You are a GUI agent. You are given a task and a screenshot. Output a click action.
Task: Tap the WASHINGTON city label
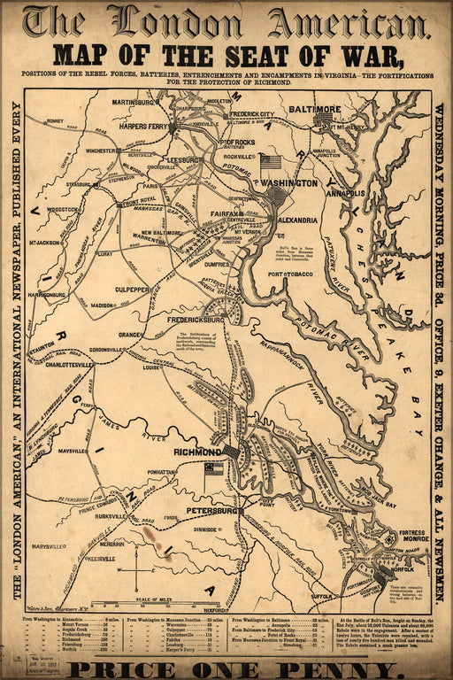point(289,182)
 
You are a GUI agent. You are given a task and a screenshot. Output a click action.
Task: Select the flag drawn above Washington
point(270,162)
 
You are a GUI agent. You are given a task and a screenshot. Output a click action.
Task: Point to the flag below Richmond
point(213,468)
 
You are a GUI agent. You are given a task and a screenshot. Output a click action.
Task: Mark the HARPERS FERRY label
point(144,126)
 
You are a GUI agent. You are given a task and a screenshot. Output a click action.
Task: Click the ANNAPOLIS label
point(345,192)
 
